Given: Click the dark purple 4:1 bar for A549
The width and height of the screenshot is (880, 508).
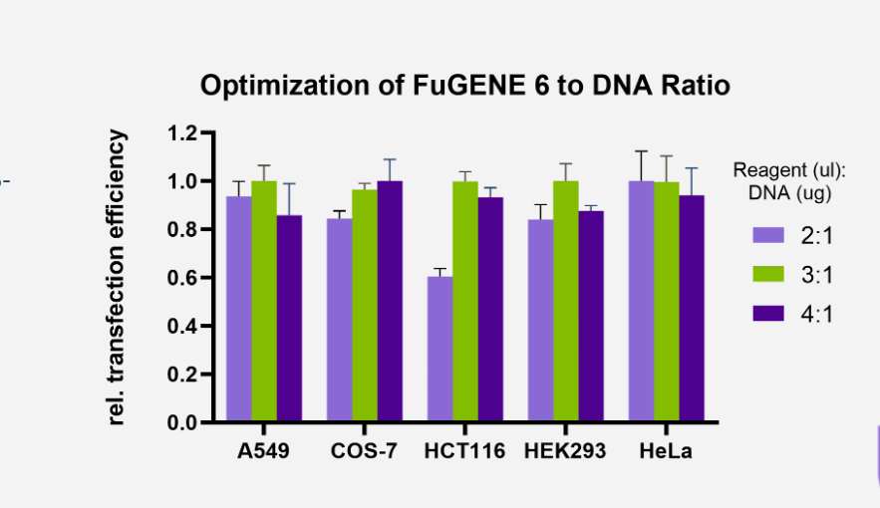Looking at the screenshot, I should coord(289,318).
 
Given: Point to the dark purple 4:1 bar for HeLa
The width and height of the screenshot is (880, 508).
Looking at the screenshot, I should coord(692,308).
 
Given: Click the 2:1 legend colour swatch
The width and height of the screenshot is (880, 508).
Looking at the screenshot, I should coord(768,235).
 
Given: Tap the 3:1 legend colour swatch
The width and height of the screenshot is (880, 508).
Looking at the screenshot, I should coord(768,275).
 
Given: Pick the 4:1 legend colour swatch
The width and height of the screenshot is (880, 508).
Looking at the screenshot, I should coord(768,315).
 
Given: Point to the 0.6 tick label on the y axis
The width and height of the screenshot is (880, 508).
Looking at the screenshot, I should coord(185,278).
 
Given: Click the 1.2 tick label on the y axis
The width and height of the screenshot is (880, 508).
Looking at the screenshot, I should coord(185,133).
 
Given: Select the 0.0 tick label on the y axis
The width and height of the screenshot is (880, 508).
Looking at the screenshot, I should coord(185,423).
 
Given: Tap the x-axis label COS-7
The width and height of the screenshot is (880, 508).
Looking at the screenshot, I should coord(364,451).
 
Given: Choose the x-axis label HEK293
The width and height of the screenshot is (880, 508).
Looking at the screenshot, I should coord(565,451).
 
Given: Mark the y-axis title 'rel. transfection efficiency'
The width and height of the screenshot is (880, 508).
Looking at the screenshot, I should coord(118,278).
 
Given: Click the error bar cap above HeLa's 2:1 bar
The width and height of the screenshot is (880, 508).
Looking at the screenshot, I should coord(641,151).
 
